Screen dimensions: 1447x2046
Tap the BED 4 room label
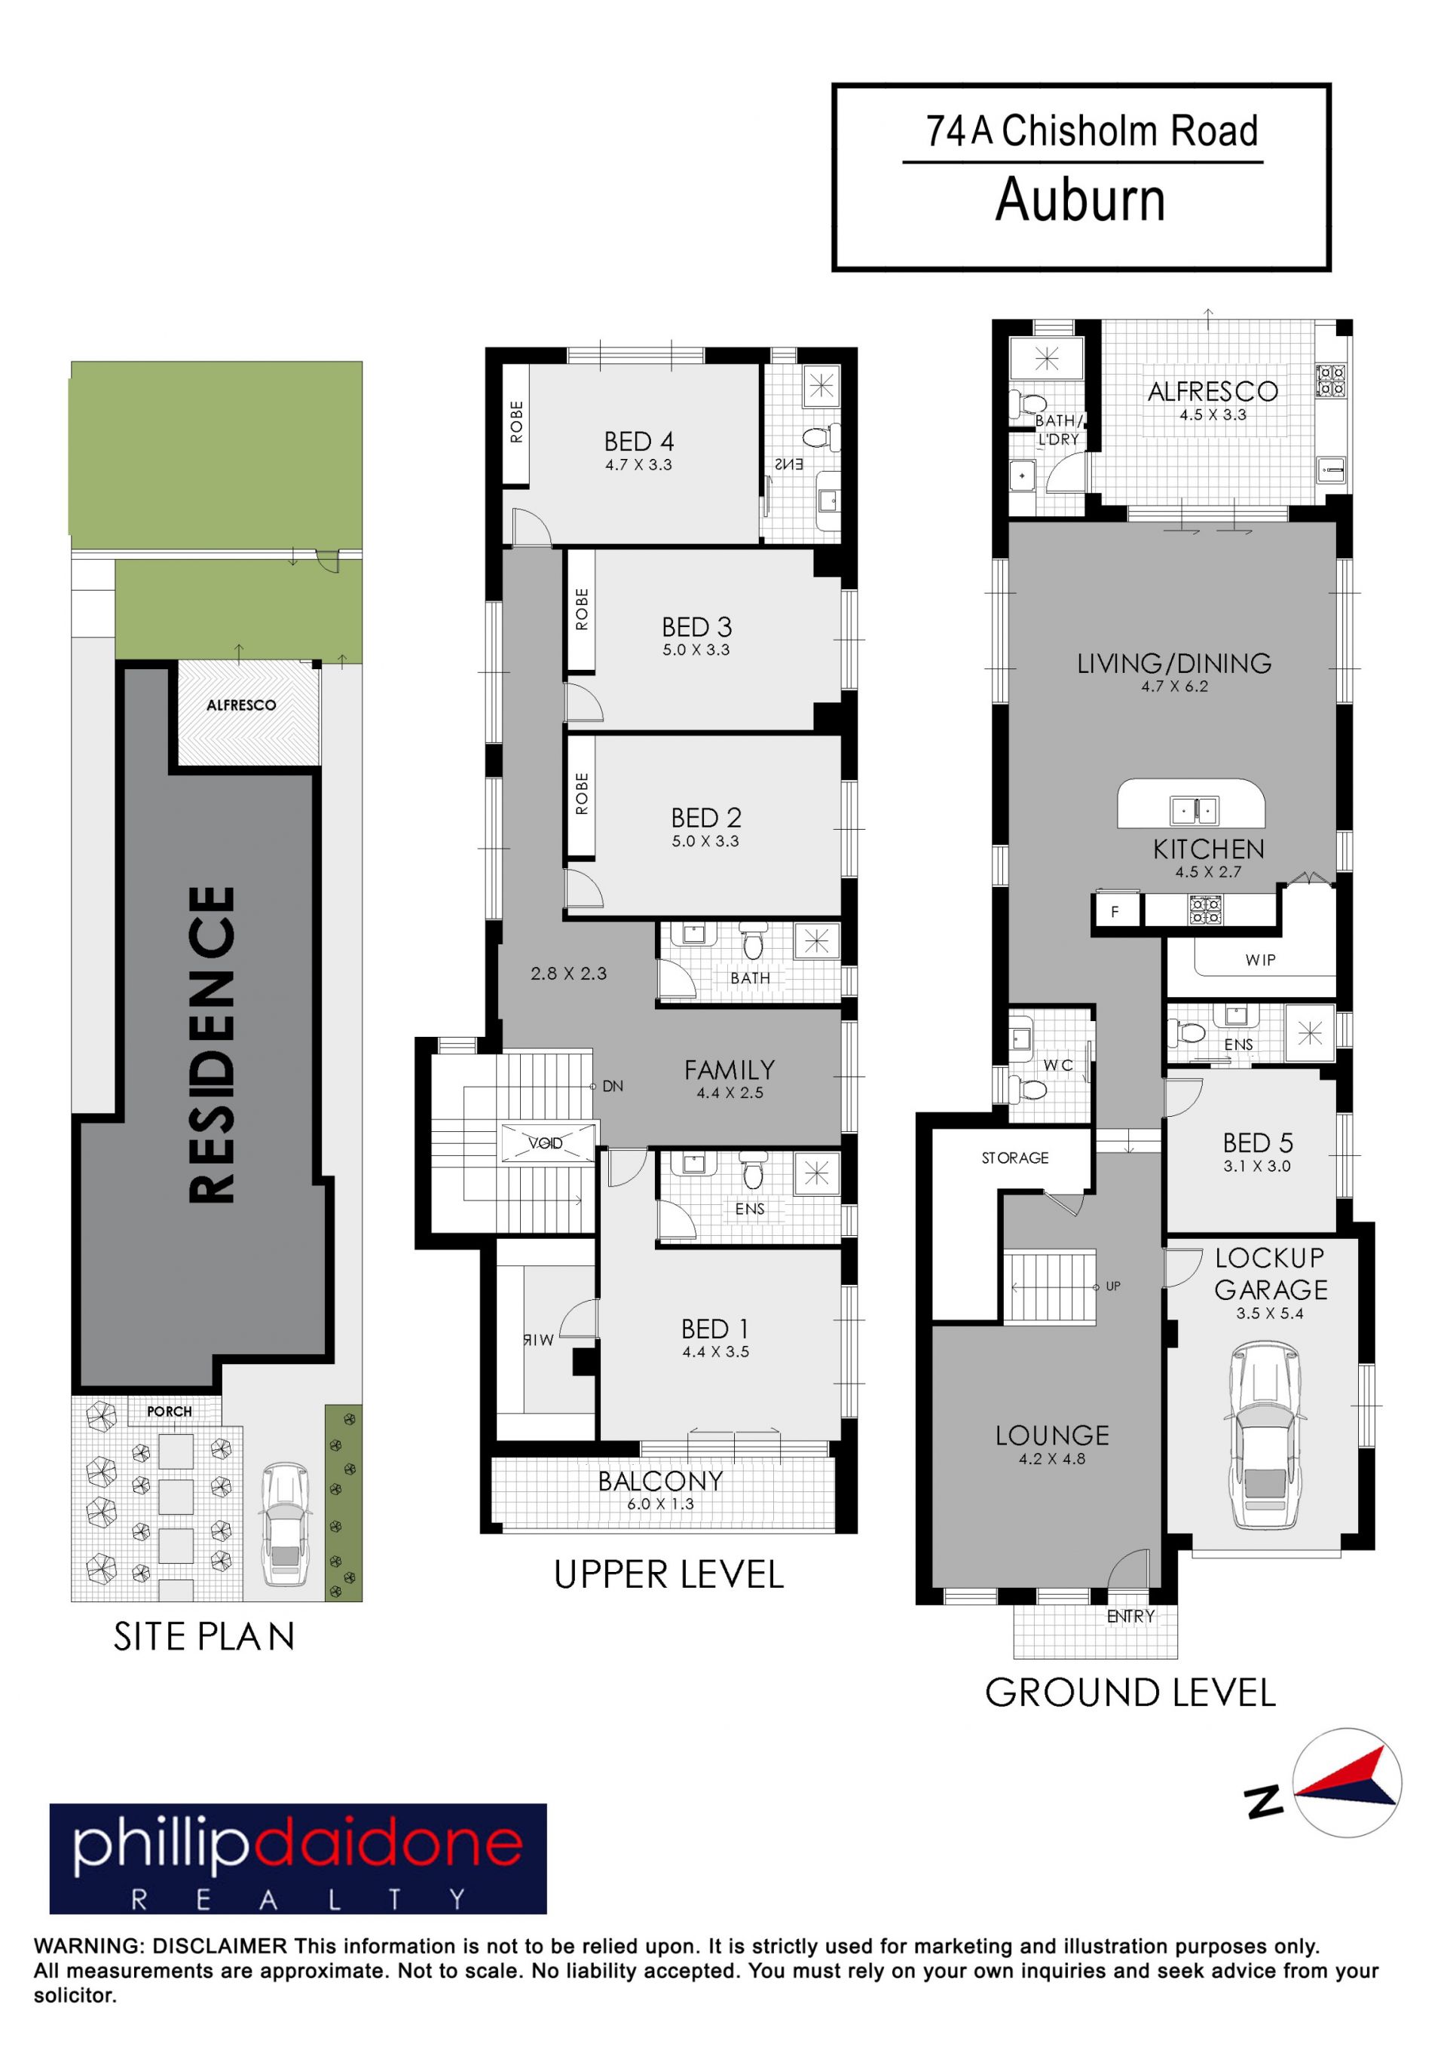click(x=639, y=442)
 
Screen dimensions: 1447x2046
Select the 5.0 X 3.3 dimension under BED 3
click(x=696, y=650)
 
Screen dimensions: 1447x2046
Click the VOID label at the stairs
click(x=546, y=1143)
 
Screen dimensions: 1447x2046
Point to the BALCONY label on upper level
click(x=660, y=1481)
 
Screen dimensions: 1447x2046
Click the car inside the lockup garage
click(x=1265, y=1436)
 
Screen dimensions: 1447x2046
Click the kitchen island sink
click(x=1194, y=811)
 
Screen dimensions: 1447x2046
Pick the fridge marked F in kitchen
click(x=1114, y=912)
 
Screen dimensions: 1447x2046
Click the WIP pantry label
click(x=1261, y=960)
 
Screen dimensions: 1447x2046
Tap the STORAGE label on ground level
click(x=1015, y=1158)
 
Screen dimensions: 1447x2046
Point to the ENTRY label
click(x=1130, y=1616)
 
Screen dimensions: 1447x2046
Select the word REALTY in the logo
click(x=298, y=1900)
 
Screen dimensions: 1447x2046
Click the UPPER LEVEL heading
click(x=669, y=1574)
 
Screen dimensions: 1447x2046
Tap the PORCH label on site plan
click(x=170, y=1411)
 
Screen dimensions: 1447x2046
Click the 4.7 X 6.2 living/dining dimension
click(x=1174, y=687)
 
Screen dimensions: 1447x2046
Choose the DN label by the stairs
click(x=612, y=1086)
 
